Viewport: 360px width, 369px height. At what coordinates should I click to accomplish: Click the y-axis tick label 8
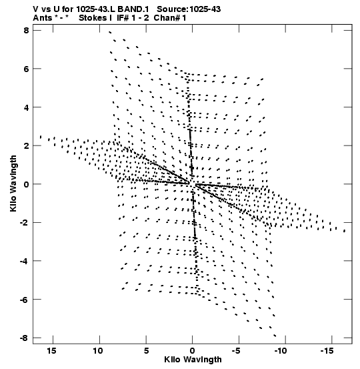[x=26, y=31]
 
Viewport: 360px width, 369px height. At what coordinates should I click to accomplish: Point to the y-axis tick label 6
[x=26, y=69]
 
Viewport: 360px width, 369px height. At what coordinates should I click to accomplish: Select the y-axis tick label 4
[x=26, y=107]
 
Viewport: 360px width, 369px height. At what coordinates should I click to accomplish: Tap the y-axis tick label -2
[x=24, y=223]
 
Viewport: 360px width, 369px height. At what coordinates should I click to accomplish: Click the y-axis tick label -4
[x=24, y=261]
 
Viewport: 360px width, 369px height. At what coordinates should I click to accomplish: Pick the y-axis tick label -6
[x=24, y=300]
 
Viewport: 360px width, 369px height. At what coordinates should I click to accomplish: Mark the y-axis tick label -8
[x=24, y=338]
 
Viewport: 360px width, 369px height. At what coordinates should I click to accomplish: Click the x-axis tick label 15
[x=52, y=351]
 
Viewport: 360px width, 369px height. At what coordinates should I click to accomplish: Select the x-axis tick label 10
[x=98, y=351]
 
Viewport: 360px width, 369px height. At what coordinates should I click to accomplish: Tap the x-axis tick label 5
[x=146, y=351]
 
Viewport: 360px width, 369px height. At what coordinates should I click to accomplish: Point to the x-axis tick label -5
[x=236, y=351]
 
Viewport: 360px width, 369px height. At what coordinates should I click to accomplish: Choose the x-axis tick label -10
[x=281, y=351]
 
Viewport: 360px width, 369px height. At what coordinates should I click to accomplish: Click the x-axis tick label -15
[x=327, y=351]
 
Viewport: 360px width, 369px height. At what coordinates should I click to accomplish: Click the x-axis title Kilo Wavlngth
[x=193, y=360]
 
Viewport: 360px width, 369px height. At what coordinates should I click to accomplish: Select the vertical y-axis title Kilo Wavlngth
[x=13, y=183]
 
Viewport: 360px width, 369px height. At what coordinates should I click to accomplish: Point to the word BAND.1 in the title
[x=133, y=9]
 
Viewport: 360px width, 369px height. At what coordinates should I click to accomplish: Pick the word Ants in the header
[x=43, y=18]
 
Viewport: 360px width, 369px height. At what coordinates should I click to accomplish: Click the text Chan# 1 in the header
[x=170, y=18]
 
